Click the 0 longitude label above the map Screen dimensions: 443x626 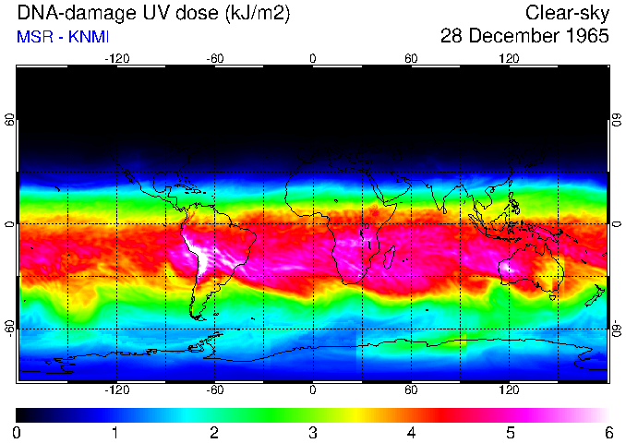pos(313,58)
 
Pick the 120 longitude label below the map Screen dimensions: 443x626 pos(510,390)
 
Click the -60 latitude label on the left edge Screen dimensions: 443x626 pos(9,329)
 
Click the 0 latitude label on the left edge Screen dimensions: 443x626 pos(9,224)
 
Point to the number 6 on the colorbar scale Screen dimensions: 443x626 pos(608,432)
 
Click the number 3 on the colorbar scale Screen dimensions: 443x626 pos(312,432)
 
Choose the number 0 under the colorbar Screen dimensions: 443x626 pos(17,432)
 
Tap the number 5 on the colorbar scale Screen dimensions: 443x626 pos(510,432)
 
